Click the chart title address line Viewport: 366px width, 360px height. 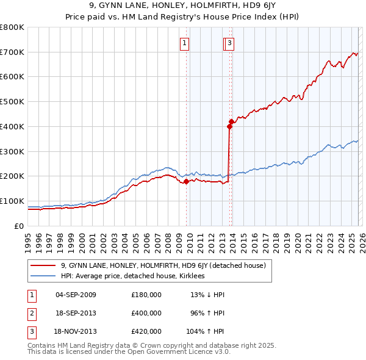183,5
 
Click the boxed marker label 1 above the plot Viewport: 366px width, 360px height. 184,43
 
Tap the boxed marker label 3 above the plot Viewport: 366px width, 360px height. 229,43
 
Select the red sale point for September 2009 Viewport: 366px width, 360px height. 186,181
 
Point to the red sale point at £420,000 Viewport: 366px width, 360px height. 231,121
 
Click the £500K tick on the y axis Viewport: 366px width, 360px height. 13,102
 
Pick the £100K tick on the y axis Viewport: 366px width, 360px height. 13,201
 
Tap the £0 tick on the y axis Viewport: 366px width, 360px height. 18,226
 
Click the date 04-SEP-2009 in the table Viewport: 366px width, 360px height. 76,295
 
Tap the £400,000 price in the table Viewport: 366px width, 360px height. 146,313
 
